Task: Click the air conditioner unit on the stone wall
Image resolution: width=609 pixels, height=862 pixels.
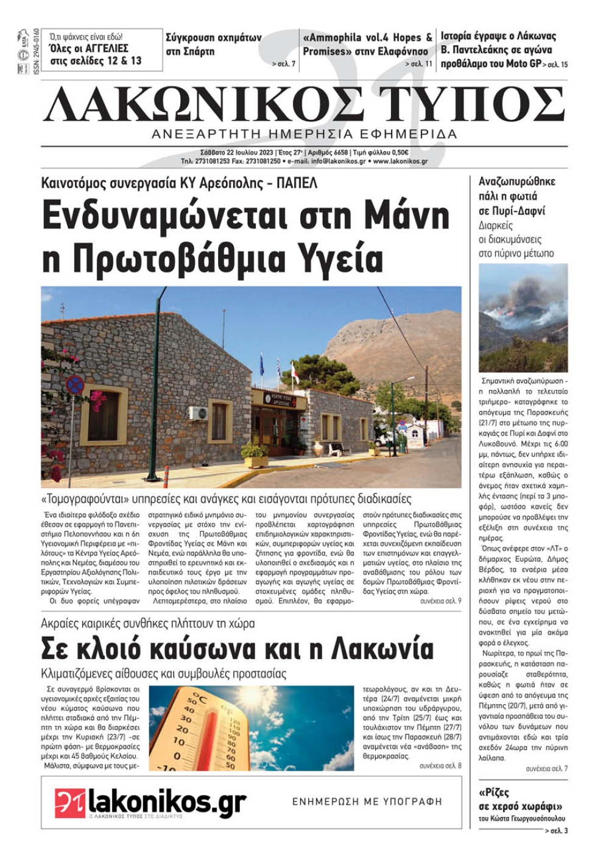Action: tap(198, 413)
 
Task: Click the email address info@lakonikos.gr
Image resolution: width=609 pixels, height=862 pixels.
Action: tap(338, 161)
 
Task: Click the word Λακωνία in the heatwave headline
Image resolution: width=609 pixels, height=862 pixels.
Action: tap(383, 649)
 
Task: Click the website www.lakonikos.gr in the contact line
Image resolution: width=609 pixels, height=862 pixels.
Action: tap(400, 161)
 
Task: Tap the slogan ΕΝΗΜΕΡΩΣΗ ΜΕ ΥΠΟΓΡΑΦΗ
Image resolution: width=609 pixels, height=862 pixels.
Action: tap(367, 802)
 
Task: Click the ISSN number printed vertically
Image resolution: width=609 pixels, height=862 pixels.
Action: tap(37, 52)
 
